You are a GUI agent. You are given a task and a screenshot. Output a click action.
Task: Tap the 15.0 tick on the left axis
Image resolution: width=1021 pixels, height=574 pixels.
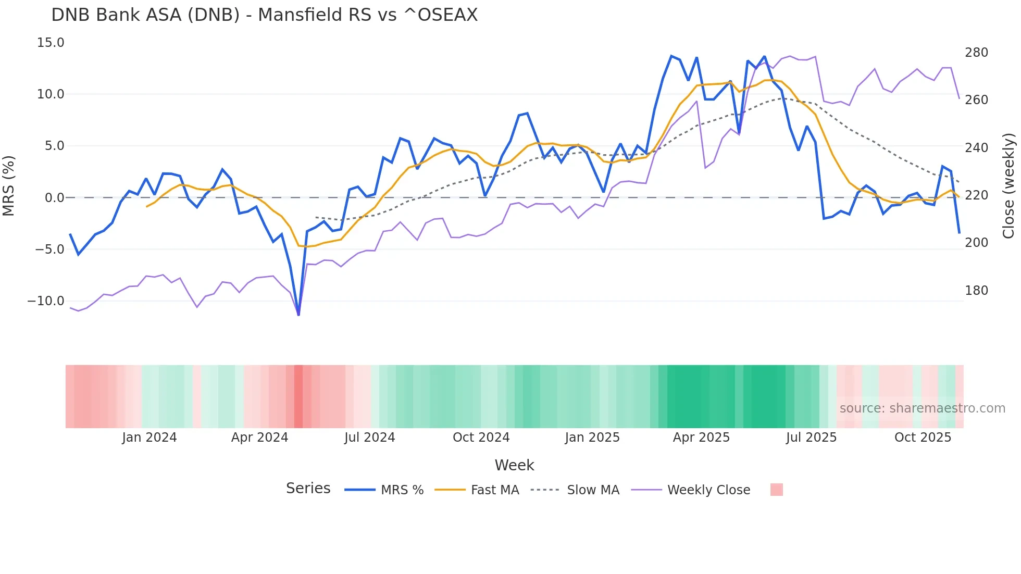[51, 43]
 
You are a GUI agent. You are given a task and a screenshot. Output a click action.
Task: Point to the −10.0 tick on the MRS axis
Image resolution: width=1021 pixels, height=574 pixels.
[46, 301]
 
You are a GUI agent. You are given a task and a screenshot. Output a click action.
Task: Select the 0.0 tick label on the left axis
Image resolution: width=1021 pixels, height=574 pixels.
[54, 198]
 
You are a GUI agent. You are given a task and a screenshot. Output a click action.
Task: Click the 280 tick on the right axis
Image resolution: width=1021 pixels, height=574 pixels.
[976, 53]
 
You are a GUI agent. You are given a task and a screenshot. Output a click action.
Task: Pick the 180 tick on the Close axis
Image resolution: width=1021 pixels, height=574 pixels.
[976, 291]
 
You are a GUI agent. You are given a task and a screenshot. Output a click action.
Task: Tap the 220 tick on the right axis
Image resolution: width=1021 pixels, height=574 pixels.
[976, 195]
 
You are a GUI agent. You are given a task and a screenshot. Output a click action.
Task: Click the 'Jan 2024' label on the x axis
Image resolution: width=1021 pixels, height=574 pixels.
[150, 438]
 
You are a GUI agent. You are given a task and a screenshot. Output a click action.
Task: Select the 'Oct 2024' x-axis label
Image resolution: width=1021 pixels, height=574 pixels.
[481, 438]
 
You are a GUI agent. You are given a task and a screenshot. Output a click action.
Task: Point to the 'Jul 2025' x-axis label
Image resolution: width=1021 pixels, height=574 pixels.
[811, 438]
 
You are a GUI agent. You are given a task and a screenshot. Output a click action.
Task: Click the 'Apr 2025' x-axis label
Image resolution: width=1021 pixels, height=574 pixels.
[701, 438]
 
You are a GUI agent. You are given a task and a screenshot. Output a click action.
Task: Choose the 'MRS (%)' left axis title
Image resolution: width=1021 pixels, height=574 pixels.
[9, 185]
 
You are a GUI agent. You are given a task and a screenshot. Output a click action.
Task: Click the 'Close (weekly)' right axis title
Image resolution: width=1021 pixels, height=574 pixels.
[1008, 185]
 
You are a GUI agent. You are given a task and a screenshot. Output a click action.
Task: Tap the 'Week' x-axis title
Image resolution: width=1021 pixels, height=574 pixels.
[514, 465]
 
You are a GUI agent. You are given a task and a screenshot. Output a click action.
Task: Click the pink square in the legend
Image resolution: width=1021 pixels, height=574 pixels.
[776, 490]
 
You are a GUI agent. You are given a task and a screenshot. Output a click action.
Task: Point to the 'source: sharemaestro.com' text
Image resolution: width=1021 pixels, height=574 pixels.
[922, 408]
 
